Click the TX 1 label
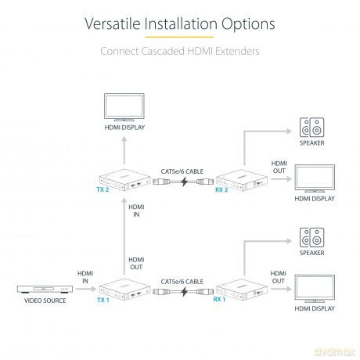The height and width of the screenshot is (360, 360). (x=103, y=300)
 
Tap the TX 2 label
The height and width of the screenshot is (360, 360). (x=103, y=189)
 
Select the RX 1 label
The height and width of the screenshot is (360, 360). (x=219, y=299)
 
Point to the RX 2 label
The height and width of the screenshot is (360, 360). (x=221, y=189)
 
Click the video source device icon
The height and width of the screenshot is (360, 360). (x=45, y=289)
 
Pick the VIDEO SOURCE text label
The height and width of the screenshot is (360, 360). (x=45, y=301)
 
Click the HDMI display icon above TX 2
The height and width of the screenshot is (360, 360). (x=124, y=107)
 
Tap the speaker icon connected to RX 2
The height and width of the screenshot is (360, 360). (x=311, y=128)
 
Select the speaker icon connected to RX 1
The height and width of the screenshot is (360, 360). (x=311, y=237)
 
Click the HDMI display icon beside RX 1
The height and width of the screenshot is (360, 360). (x=315, y=289)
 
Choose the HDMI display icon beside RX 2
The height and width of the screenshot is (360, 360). (x=315, y=178)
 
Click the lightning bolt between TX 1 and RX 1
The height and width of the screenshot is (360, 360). (x=185, y=292)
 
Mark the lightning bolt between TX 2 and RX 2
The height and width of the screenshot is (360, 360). (x=185, y=182)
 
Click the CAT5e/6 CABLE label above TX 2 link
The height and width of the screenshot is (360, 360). (x=182, y=171)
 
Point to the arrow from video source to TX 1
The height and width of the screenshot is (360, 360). (x=86, y=289)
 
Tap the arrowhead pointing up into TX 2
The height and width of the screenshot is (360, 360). (x=124, y=200)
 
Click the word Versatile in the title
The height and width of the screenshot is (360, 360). (x=113, y=23)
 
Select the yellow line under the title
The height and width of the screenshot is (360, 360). (x=179, y=37)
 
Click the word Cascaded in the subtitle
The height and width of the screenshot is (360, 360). (x=163, y=51)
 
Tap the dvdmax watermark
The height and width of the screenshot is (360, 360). (x=335, y=351)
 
